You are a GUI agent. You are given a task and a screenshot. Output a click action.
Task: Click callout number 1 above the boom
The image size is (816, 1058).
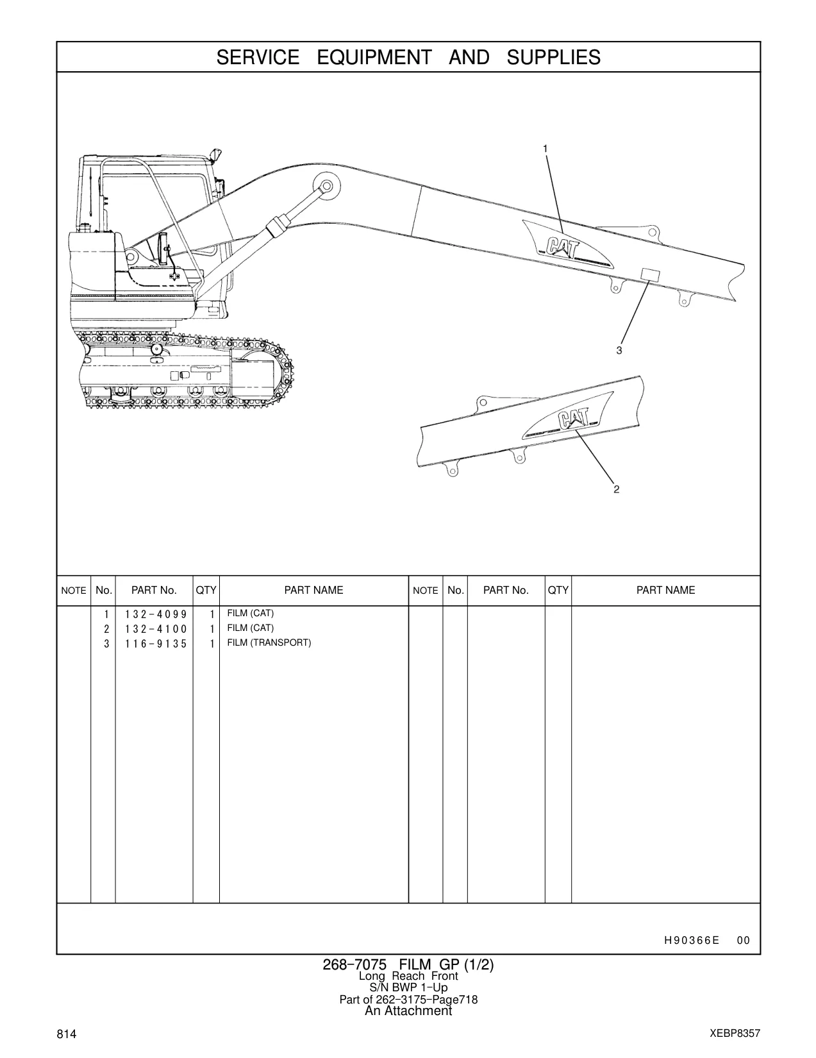tap(545, 149)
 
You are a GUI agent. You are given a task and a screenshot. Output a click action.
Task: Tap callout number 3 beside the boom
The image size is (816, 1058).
tap(619, 350)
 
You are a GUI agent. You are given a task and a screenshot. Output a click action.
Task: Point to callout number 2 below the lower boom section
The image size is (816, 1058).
tap(617, 489)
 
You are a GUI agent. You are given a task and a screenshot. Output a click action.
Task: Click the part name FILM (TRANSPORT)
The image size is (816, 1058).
tap(269, 642)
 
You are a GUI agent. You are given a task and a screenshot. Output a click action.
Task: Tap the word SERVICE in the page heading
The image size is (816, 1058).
tap(258, 58)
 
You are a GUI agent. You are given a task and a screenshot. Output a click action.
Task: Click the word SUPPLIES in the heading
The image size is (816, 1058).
tap(554, 58)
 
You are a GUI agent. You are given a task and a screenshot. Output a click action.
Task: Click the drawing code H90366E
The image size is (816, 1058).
tap(692, 940)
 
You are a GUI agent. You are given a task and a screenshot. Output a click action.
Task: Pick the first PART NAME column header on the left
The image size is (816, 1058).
tap(314, 590)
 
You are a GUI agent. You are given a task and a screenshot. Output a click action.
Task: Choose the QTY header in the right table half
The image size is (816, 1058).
tap(558, 590)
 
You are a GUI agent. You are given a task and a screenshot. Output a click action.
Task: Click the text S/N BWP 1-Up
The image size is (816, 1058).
tap(408, 987)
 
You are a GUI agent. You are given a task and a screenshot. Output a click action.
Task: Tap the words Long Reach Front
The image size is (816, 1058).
tap(408, 976)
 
